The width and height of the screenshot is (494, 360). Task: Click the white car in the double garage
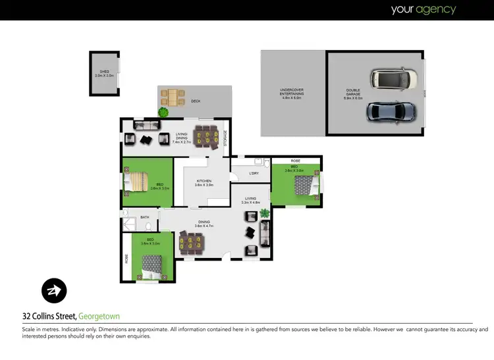click(x=394, y=80)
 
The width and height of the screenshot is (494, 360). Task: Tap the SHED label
click(x=105, y=74)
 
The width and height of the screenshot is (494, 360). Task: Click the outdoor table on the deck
click(x=173, y=97)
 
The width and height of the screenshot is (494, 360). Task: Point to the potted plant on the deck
click(x=162, y=112)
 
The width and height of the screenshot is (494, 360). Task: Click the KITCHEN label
click(x=202, y=182)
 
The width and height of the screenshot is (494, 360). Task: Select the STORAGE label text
click(x=225, y=138)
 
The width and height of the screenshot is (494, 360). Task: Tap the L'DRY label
click(x=254, y=173)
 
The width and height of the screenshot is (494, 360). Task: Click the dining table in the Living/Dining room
click(x=207, y=138)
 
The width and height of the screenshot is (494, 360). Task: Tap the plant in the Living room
click(x=265, y=213)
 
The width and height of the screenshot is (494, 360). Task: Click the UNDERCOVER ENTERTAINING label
click(x=291, y=94)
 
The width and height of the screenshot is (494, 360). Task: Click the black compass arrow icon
click(x=53, y=290)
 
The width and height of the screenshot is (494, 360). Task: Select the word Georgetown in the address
click(x=99, y=317)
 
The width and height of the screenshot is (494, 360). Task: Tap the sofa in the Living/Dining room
click(x=146, y=125)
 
